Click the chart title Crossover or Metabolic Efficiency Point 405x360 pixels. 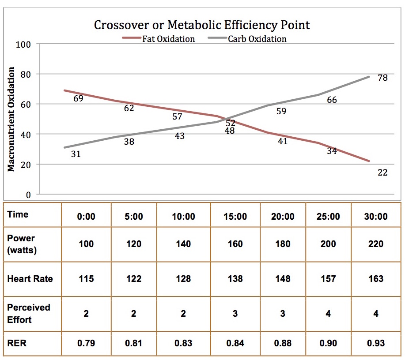202,25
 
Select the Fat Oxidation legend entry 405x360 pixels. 168,39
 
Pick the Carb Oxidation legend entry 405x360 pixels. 257,39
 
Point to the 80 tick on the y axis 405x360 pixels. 26,74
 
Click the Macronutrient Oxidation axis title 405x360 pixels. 12,119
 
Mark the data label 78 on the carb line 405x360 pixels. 382,78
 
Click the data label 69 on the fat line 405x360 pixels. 78,98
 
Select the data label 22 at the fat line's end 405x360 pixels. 382,172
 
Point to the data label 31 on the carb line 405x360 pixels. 76,154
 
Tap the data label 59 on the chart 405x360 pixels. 281,111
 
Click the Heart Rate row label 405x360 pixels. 30,279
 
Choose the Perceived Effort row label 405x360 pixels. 29,313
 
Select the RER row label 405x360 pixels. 17,343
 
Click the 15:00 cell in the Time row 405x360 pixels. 235,216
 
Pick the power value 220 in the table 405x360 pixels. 376,244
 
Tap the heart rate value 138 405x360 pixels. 235,279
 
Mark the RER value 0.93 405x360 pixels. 376,343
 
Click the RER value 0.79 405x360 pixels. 86,343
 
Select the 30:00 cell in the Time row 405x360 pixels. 376,216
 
